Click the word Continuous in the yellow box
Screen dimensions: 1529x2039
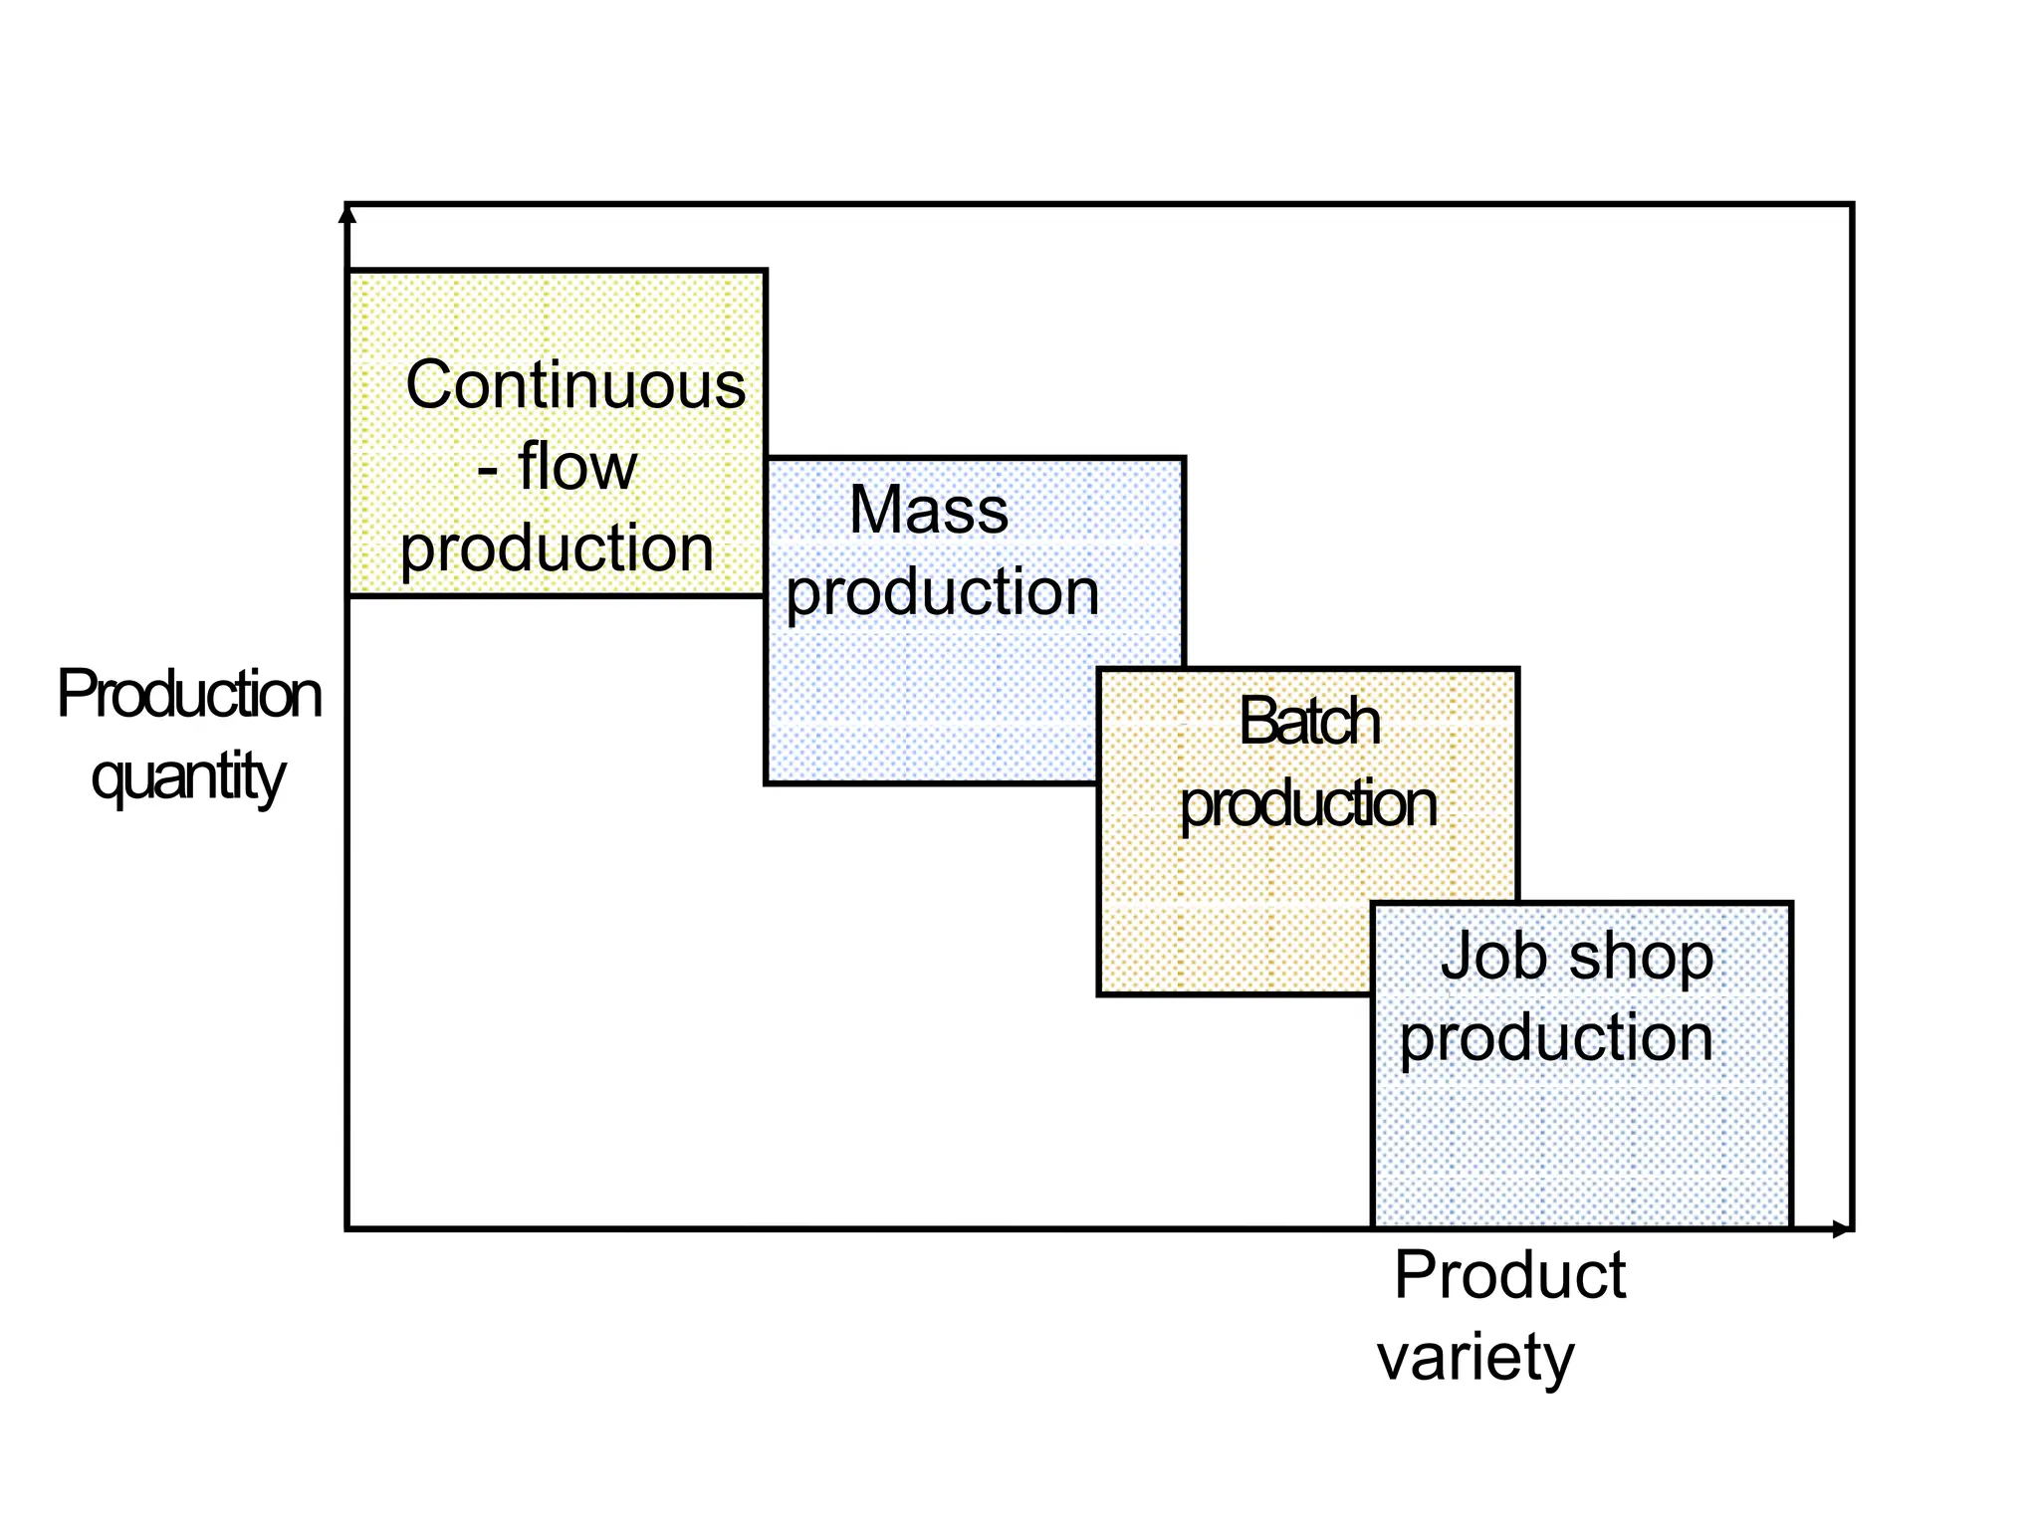click(x=575, y=385)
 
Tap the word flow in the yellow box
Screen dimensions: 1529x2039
click(x=577, y=467)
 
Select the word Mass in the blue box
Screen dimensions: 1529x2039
click(x=928, y=511)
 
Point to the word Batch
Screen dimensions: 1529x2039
click(x=1308, y=722)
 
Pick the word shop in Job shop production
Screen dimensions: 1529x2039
click(x=1641, y=959)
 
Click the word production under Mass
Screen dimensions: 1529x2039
click(x=942, y=594)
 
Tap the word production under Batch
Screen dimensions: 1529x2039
click(x=1307, y=805)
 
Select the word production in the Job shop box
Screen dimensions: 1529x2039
click(x=1556, y=1039)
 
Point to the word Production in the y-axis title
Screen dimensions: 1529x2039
click(x=189, y=695)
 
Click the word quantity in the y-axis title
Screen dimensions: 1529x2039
click(x=187, y=778)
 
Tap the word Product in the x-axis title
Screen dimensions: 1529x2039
click(x=1509, y=1275)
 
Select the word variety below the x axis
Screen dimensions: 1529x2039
click(x=1475, y=1358)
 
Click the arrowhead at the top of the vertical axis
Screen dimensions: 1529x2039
click(x=347, y=212)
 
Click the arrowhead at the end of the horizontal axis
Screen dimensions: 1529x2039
click(x=1842, y=1229)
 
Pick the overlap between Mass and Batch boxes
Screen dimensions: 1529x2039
click(x=1141, y=726)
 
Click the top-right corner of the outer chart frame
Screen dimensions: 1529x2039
click(x=1852, y=205)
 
